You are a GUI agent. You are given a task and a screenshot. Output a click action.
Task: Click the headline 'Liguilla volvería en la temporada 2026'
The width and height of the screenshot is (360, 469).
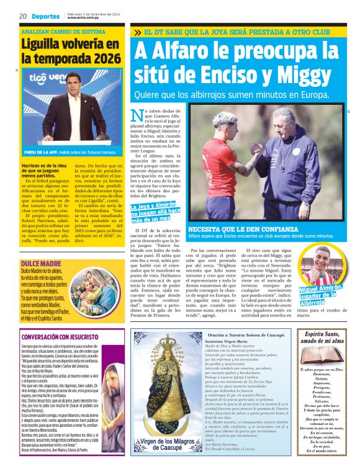(x=69, y=51)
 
